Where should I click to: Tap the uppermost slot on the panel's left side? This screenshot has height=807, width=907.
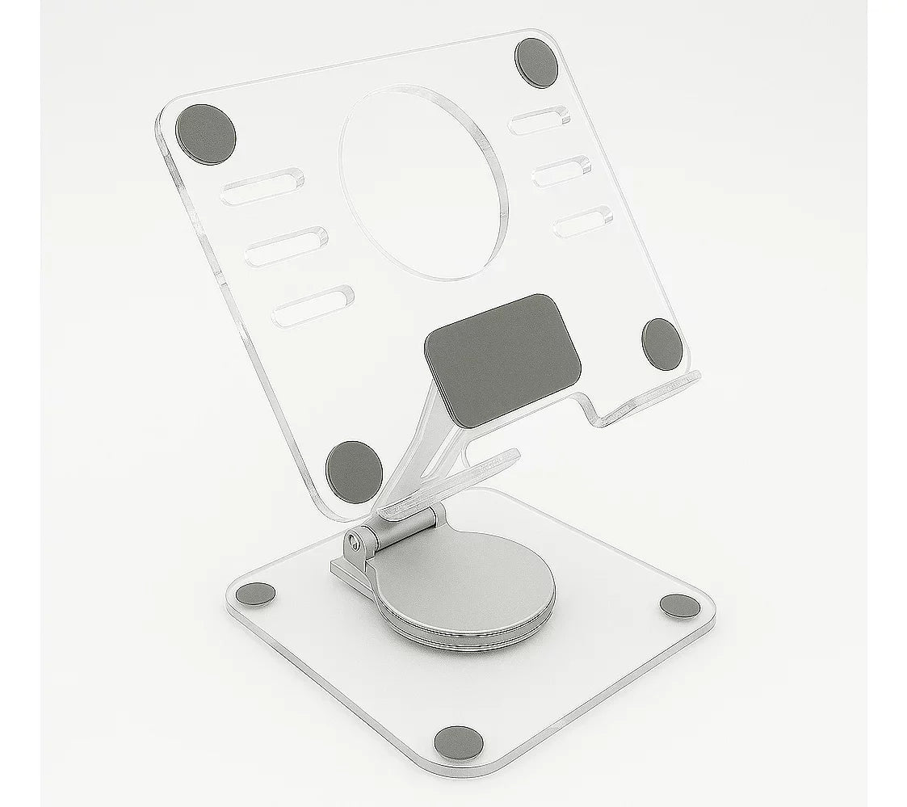pyautogui.click(x=264, y=185)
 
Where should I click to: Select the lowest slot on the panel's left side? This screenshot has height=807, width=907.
pyautogui.click(x=313, y=305)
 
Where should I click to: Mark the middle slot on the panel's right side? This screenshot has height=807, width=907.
pyautogui.click(x=564, y=171)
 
